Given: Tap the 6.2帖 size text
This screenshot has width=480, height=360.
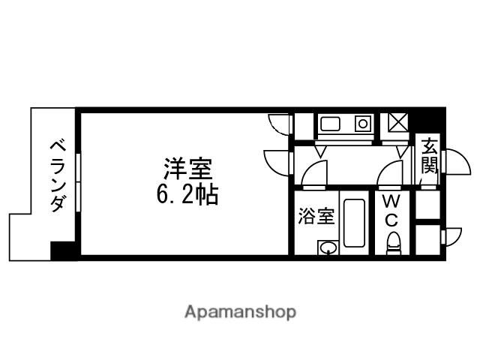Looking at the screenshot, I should [x=187, y=196].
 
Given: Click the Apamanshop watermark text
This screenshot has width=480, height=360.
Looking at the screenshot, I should [x=240, y=311].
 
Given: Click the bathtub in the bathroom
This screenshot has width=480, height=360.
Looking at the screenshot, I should [x=352, y=223].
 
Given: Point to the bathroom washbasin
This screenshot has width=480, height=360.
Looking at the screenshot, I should [x=327, y=247].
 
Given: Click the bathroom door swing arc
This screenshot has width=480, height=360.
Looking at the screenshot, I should [x=314, y=174].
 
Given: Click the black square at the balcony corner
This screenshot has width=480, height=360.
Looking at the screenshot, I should [x=60, y=250].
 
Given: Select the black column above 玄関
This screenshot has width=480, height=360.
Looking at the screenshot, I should [x=428, y=120].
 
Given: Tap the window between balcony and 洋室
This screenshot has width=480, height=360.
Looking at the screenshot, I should [x=78, y=183].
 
